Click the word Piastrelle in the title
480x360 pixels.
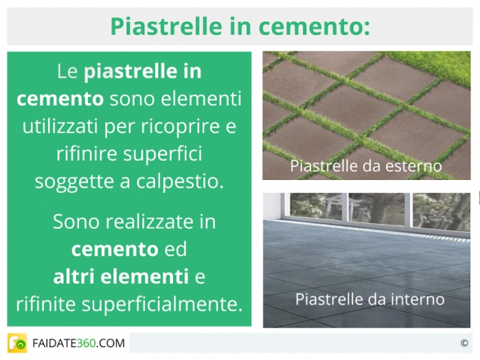click(166, 26)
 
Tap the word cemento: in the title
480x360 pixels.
click(314, 26)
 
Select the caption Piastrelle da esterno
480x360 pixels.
click(366, 166)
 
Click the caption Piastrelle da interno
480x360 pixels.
click(370, 299)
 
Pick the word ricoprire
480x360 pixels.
click(180, 127)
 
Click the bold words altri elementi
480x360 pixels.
click(121, 276)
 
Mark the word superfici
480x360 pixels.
click(163, 154)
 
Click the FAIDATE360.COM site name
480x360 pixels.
click(79, 343)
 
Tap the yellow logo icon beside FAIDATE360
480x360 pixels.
click(17, 343)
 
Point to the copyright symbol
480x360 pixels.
click(464, 343)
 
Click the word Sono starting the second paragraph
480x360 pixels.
click(76, 221)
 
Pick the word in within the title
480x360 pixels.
click(240, 26)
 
